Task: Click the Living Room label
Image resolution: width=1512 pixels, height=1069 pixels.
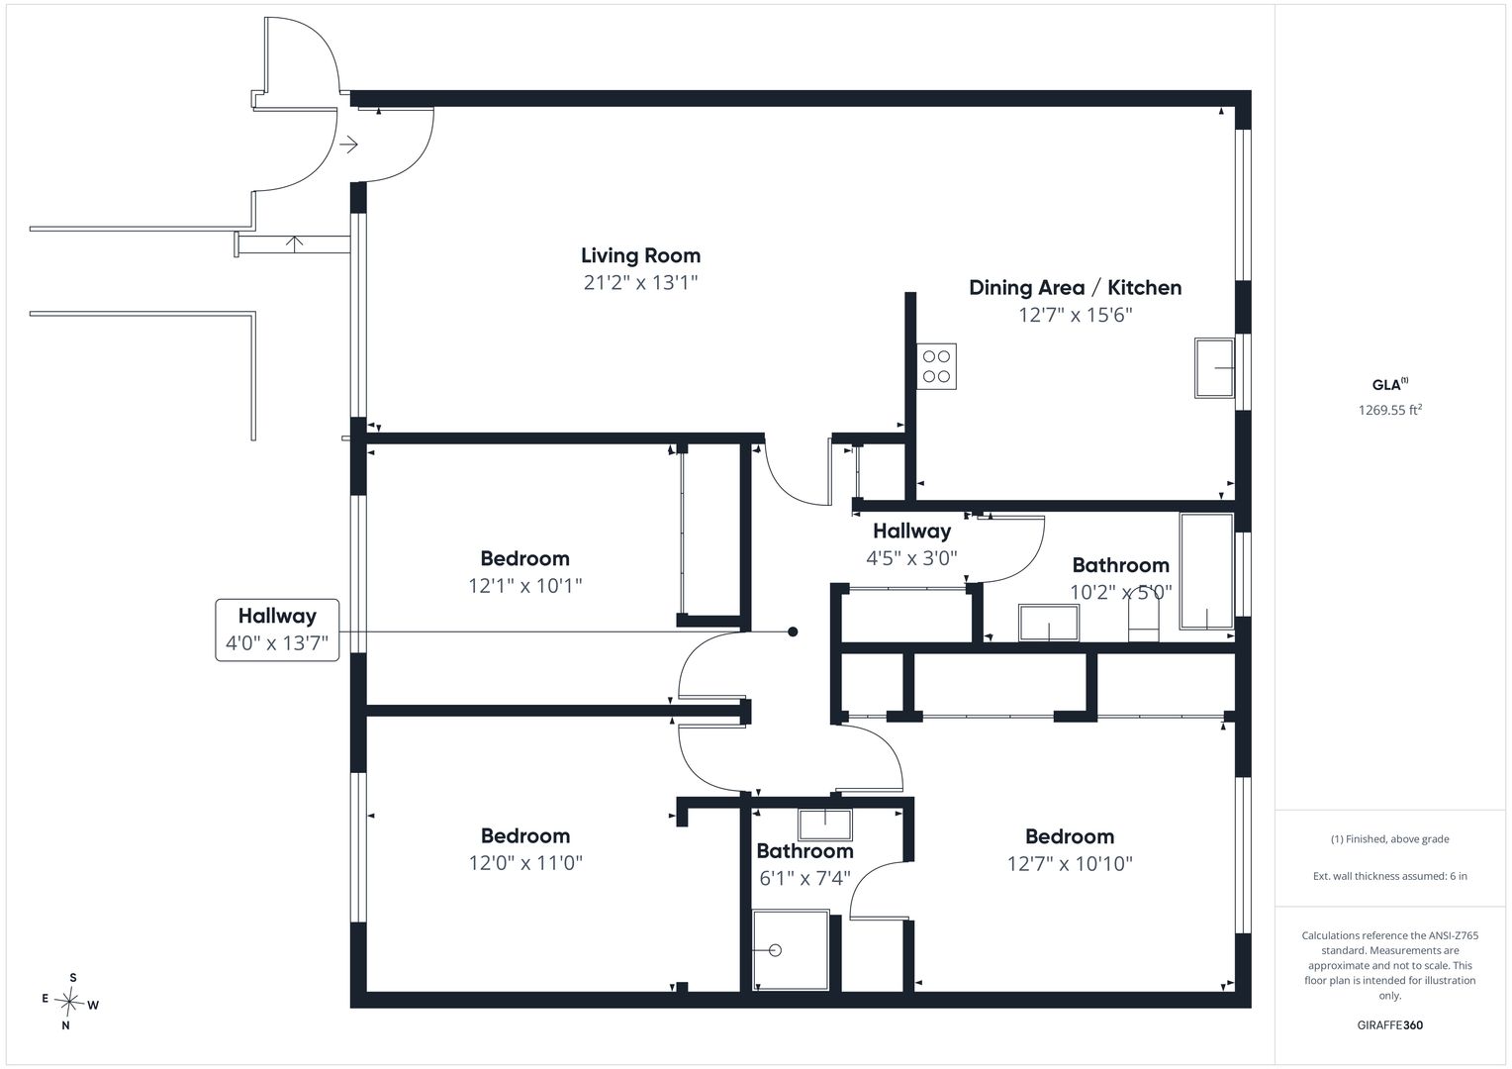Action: (x=640, y=255)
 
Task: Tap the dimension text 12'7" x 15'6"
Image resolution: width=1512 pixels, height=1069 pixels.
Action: (x=1076, y=315)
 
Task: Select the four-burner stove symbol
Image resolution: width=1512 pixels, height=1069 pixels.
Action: (x=936, y=366)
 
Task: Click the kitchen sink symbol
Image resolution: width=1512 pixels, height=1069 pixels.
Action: (x=1214, y=368)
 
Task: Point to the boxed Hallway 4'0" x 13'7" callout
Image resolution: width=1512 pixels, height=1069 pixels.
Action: (x=277, y=630)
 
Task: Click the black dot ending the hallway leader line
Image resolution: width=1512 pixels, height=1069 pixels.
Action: (x=794, y=632)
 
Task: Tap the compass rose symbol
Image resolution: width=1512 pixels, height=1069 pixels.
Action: (x=69, y=1002)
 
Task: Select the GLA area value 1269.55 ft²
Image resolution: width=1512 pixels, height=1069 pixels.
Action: (x=1390, y=410)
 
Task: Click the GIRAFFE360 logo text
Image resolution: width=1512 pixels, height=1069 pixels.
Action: (x=1390, y=1025)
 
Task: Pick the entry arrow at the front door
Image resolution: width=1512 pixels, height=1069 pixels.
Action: (x=348, y=145)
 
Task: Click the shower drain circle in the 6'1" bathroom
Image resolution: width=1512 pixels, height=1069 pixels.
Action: (x=776, y=950)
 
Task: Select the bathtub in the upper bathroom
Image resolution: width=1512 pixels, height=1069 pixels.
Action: (x=1207, y=571)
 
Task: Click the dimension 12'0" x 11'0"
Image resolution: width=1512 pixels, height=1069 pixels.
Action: (x=525, y=863)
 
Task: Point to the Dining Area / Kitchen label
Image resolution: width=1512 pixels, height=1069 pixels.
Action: (x=1076, y=288)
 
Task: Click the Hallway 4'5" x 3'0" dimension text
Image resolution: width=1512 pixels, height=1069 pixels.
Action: (x=912, y=558)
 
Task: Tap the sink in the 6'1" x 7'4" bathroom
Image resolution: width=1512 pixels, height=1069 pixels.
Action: (x=825, y=826)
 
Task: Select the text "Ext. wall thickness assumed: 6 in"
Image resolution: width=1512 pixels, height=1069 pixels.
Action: (x=1390, y=876)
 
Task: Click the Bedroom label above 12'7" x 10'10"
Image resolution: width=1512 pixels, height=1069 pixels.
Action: (x=1070, y=836)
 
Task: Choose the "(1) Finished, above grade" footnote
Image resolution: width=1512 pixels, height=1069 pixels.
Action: (x=1390, y=838)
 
